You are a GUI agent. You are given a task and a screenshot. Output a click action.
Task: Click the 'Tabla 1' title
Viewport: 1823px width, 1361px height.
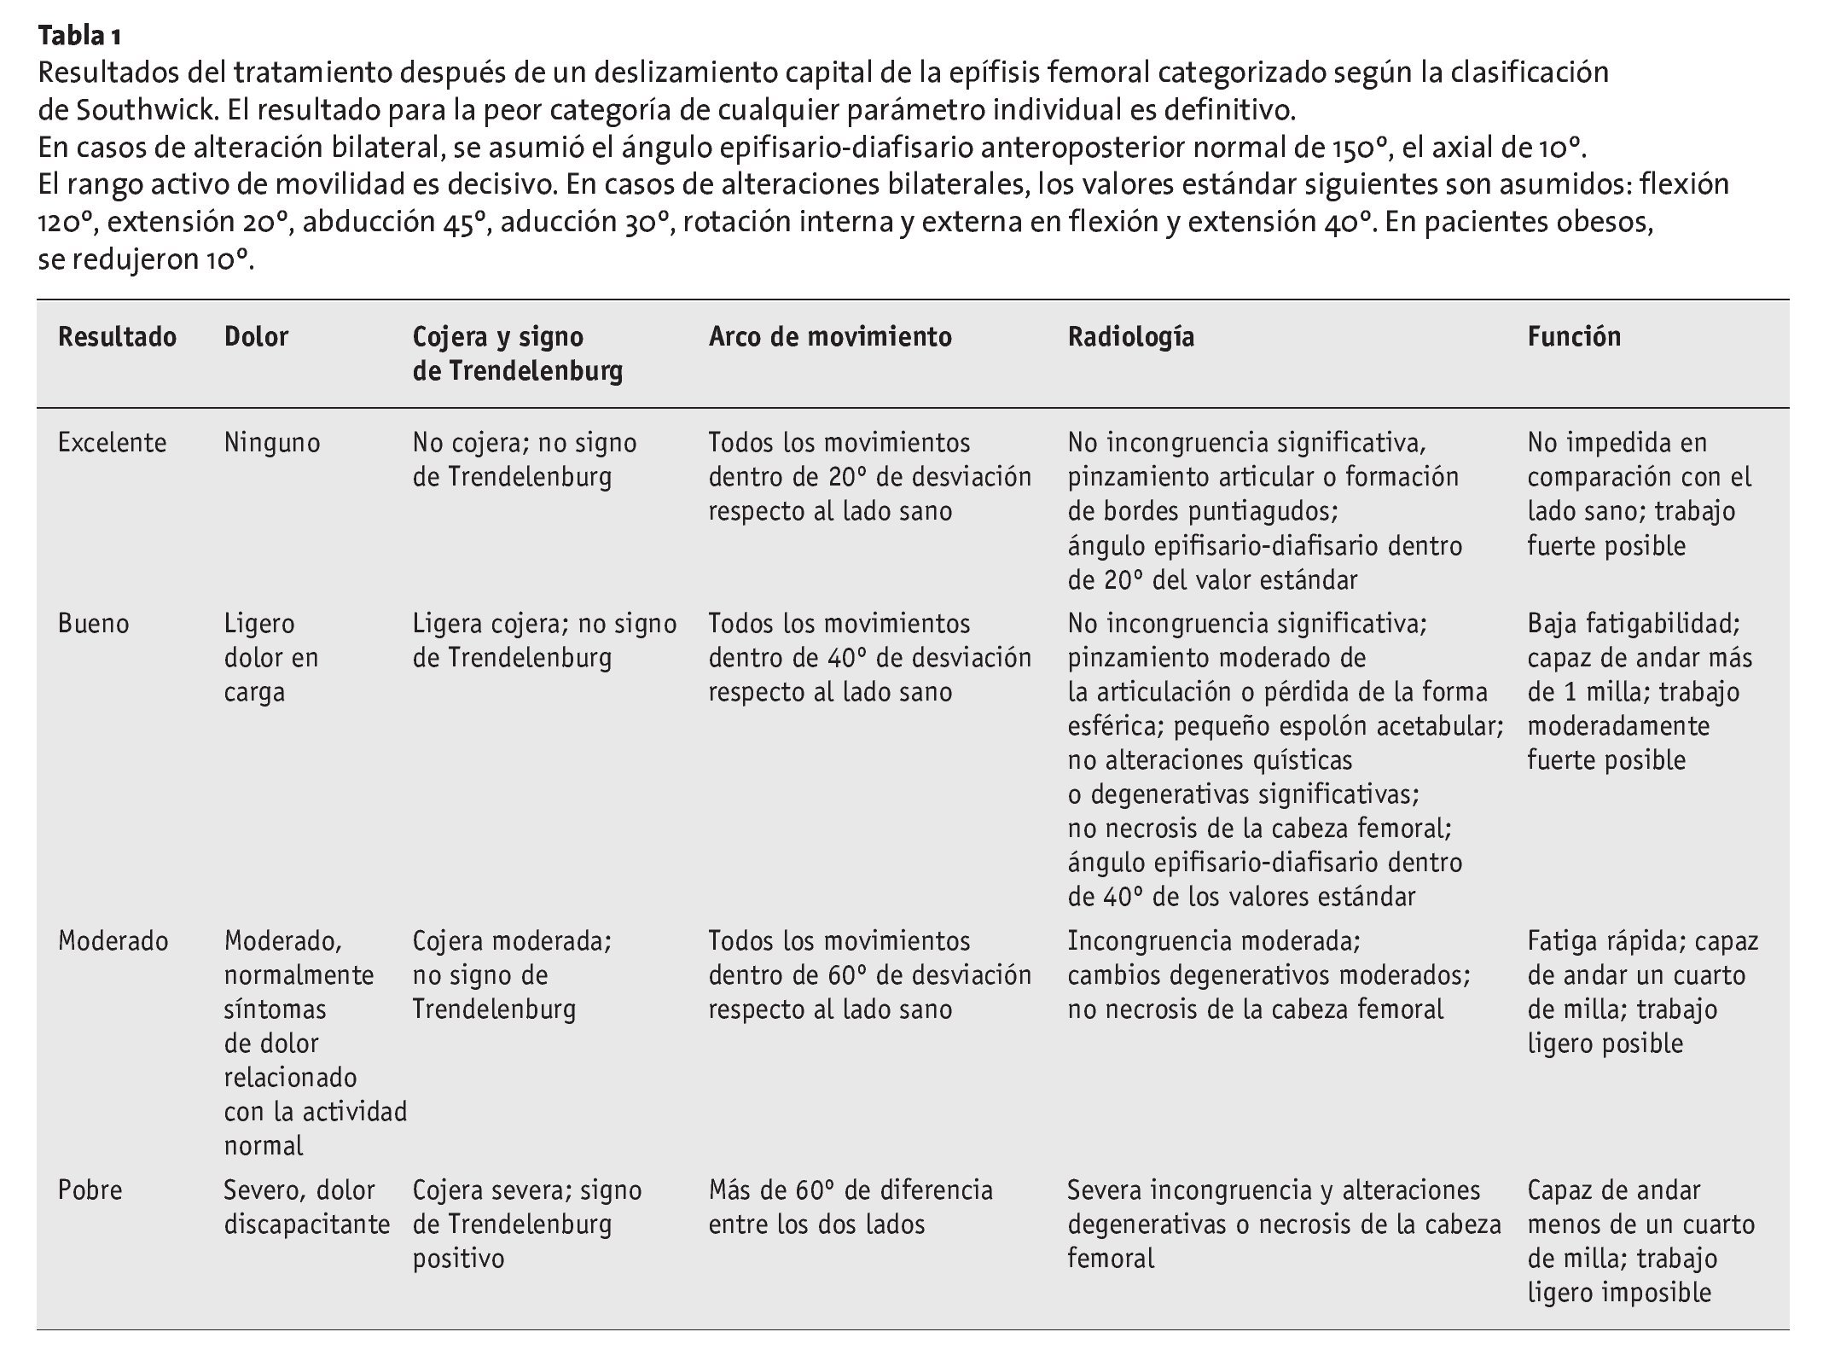(x=79, y=37)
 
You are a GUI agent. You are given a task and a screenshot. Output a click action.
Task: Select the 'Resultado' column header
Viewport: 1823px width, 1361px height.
(x=117, y=337)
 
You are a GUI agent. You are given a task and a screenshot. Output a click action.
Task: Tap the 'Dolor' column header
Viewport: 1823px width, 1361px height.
(x=256, y=337)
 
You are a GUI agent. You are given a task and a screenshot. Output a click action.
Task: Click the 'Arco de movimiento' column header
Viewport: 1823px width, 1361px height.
(x=829, y=337)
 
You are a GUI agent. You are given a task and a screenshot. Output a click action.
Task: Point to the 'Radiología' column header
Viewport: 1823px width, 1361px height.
(x=1130, y=337)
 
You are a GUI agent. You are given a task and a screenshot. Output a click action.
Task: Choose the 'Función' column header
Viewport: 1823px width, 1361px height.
(x=1574, y=337)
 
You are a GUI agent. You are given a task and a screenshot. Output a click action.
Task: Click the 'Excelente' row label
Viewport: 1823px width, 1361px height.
(x=112, y=443)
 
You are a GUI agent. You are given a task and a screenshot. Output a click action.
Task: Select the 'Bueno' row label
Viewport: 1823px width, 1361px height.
(x=94, y=624)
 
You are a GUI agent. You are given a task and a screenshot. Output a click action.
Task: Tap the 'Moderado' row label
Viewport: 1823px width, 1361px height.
(x=113, y=941)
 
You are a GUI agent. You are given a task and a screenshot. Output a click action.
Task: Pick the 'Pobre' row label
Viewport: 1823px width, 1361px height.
(x=90, y=1190)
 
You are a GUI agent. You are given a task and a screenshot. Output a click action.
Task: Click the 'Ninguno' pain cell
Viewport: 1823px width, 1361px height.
(x=272, y=443)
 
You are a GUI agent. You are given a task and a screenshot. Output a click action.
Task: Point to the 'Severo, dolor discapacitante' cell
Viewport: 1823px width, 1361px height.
(x=306, y=1207)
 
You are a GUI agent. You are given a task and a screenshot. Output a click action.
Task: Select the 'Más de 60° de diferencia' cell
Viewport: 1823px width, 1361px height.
(x=850, y=1207)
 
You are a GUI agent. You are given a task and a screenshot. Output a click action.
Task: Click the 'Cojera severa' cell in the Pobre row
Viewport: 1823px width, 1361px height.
(x=526, y=1224)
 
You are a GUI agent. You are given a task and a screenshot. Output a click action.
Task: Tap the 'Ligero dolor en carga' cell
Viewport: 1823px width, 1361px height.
(x=270, y=658)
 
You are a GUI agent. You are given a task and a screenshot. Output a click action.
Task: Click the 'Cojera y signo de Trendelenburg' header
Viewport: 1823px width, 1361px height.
(x=517, y=354)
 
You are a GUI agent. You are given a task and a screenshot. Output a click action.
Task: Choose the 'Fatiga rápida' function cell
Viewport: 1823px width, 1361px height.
(x=1642, y=992)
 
